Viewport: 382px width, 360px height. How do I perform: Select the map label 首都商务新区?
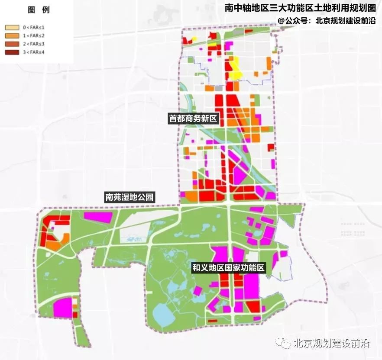point(193,119)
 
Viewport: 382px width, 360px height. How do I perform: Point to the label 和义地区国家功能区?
point(229,268)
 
